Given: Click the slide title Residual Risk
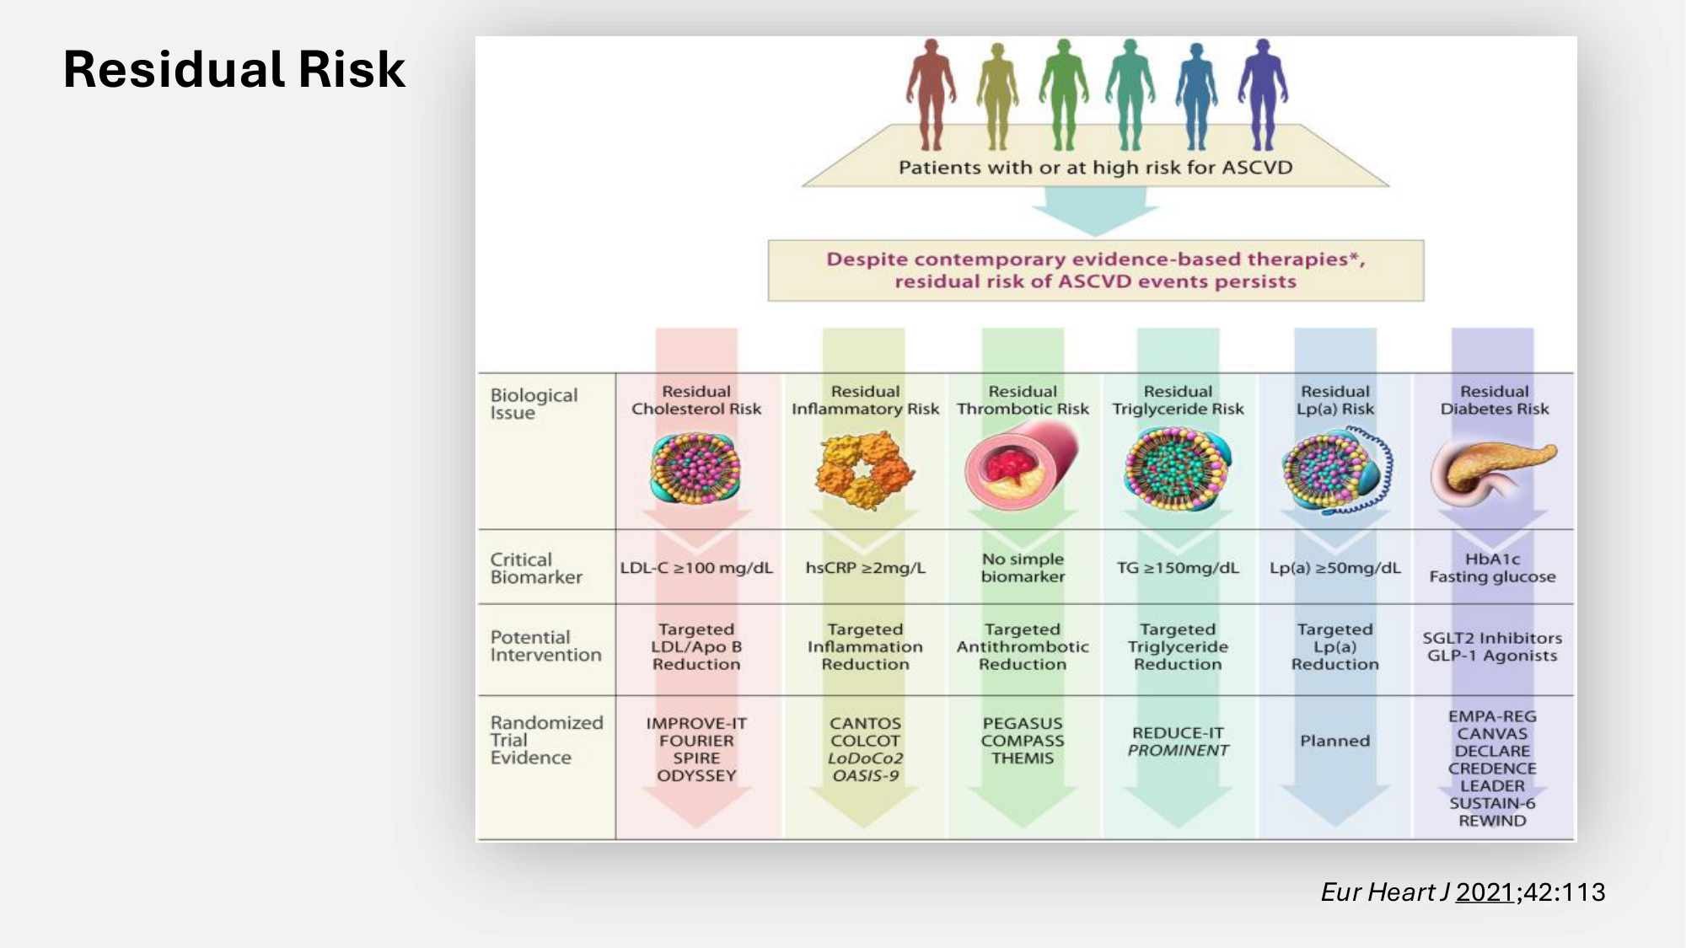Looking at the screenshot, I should coord(234,69).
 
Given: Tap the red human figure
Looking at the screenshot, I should coord(931,93).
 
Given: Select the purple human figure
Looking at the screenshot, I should coord(1262,93).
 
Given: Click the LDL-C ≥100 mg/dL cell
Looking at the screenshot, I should coord(696,568).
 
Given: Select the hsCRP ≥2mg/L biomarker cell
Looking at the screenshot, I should coord(865,568).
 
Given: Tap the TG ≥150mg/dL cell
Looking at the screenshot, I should coord(1178,568).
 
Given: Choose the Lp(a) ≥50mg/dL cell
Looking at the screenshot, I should coord(1334,568).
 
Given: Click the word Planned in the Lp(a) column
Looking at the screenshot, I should coord(1334,741).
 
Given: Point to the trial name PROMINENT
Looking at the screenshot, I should coord(1178,751).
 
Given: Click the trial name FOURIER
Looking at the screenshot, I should coord(696,741).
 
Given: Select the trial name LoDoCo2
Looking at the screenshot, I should coord(865,758).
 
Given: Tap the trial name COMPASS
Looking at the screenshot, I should coord(1022,741).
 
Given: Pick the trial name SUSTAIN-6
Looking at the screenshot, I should coord(1492,803).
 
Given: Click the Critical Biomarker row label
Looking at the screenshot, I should coord(536,568).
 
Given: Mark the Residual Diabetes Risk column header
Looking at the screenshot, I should coord(1494,400).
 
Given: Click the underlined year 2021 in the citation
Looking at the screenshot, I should coord(1485,892).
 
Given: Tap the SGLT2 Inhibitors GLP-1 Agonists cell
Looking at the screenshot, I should coord(1492,646).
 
